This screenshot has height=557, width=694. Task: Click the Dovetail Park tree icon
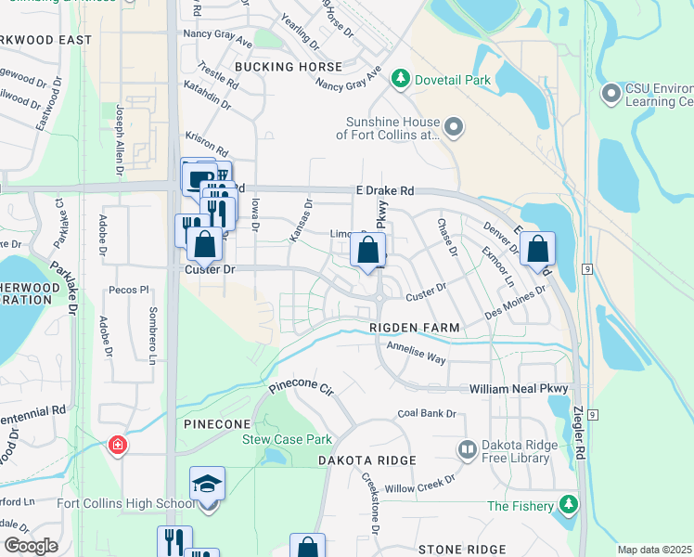(401, 80)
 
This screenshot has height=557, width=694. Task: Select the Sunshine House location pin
(454, 127)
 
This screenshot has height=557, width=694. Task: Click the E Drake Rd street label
(383, 190)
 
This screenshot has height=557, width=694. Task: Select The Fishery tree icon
(568, 506)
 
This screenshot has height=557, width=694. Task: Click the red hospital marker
(118, 445)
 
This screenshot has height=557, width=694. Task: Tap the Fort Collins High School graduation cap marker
(207, 485)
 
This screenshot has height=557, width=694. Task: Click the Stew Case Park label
(287, 439)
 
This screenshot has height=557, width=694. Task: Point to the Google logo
(31, 546)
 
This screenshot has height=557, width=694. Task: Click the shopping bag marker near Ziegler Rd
(537, 249)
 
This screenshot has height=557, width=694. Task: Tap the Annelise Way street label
(417, 350)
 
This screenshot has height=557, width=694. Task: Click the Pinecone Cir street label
(300, 384)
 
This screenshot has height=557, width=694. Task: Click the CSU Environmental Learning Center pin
(611, 94)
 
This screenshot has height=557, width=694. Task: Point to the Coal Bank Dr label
(427, 413)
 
